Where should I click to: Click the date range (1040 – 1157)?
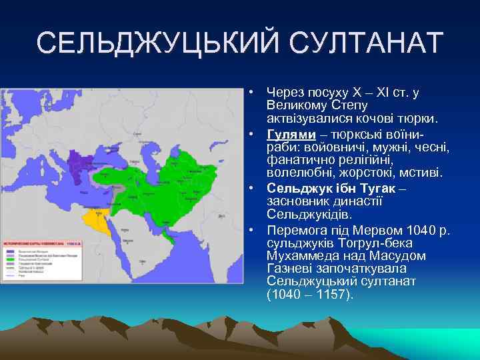click(x=310, y=293)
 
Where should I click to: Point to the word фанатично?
click(x=296, y=160)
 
